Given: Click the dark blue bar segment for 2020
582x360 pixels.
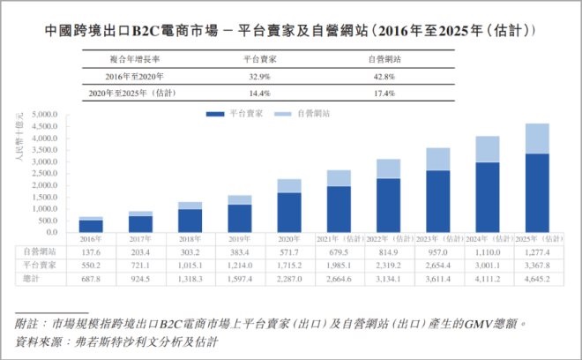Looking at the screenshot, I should [289, 213].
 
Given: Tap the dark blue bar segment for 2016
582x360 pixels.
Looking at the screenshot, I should [90, 226].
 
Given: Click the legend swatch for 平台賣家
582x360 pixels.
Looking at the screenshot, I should [214, 115].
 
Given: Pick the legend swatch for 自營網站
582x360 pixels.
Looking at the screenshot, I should [282, 115].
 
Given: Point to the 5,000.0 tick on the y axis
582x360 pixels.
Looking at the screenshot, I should [44, 116].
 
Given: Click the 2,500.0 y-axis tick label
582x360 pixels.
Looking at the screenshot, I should [44, 175].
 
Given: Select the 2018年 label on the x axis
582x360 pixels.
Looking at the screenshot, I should [190, 239].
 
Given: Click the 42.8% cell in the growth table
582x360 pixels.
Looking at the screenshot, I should [382, 76].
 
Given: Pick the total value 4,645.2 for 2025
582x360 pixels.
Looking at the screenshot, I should [538, 278].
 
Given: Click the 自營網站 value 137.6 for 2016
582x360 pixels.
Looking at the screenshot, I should [90, 251].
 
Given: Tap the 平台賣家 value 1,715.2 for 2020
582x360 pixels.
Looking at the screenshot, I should [289, 265].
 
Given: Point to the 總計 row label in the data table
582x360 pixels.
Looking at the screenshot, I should [32, 278].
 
